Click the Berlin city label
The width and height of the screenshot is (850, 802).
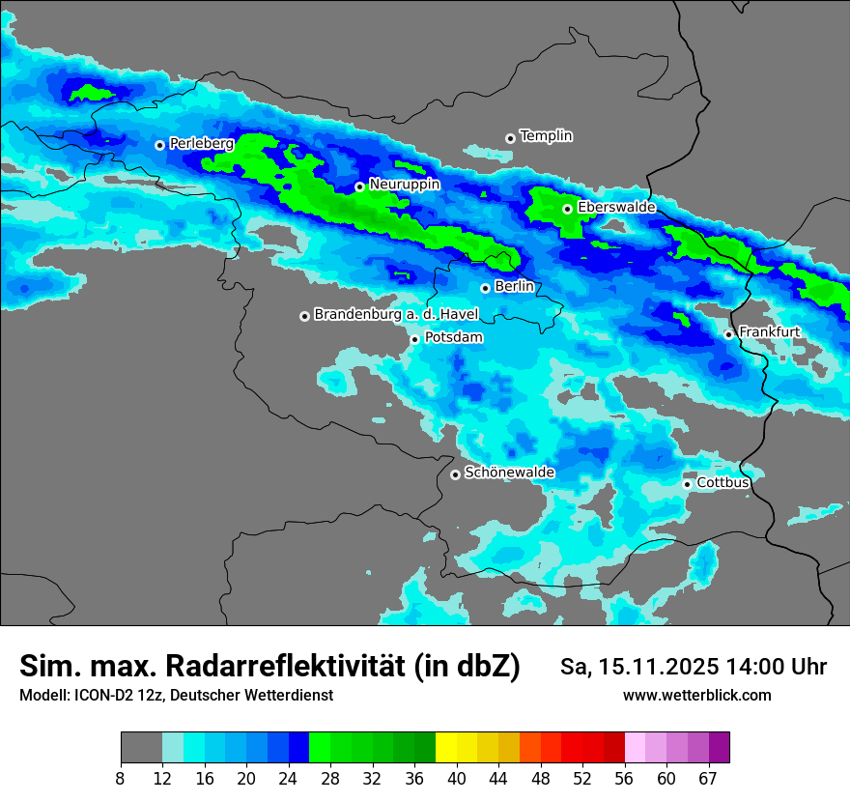[514, 287]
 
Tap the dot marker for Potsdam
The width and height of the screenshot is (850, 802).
[414, 339]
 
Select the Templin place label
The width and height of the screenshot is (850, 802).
[546, 136]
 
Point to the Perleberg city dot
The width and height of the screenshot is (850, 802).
[159, 145]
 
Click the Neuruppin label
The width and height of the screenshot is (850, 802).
[404, 185]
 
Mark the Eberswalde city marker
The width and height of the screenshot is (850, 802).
[567, 209]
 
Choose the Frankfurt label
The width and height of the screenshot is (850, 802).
[769, 332]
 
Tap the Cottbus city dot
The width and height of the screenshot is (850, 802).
[687, 484]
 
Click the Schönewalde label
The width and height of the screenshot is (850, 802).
[509, 473]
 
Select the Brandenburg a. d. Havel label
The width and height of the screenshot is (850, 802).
[396, 315]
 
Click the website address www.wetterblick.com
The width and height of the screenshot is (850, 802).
[696, 696]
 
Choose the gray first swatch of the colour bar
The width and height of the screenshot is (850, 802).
[141, 748]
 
